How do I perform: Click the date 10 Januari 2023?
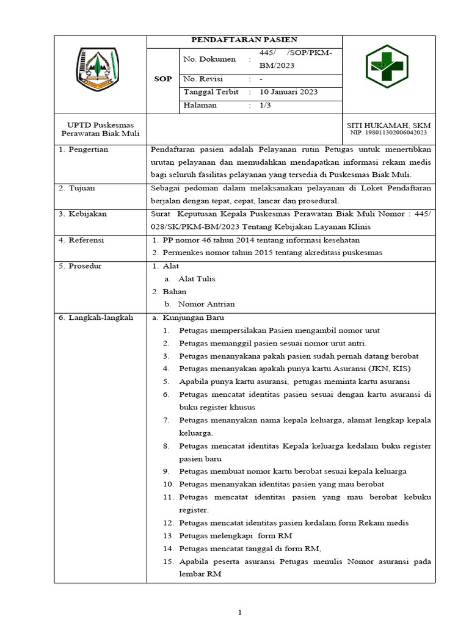coord(288,92)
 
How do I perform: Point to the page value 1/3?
coord(266,106)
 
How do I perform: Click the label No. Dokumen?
coord(209,59)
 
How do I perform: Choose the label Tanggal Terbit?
coord(211,92)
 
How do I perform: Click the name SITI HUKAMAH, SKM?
coord(388,125)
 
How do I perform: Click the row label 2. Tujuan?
coord(78,188)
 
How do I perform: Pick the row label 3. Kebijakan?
coord(83,214)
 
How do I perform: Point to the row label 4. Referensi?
coord(82,240)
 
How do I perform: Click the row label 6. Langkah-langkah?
coord(96,318)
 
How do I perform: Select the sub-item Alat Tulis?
coord(197,279)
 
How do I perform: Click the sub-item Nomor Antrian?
coord(206,304)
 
